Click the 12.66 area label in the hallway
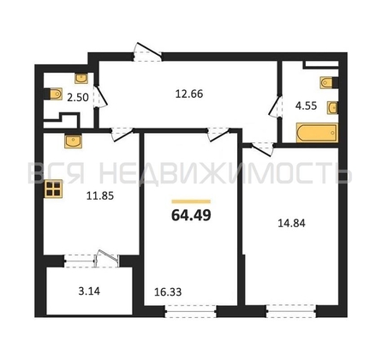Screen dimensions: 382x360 [x=189, y=93]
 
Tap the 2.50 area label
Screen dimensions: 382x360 [x=78, y=98]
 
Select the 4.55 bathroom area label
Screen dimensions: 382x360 [x=306, y=105]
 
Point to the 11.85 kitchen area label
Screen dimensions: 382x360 [x=100, y=195]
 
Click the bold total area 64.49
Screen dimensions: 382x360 [x=191, y=215]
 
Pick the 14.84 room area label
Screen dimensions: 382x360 [x=291, y=223]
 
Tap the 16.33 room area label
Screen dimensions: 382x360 [x=168, y=292]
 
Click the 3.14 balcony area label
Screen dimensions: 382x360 [x=89, y=291]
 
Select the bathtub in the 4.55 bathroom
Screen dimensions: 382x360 [x=317, y=133]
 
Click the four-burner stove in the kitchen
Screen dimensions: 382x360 [x=53, y=189]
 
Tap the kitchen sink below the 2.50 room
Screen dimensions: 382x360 [x=73, y=141]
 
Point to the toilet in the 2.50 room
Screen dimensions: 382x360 [x=53, y=93]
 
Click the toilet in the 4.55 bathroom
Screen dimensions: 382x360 [x=329, y=83]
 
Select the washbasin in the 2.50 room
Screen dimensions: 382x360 [x=81, y=78]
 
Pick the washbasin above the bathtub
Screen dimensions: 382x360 [x=333, y=108]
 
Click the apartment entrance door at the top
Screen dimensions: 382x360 [x=148, y=52]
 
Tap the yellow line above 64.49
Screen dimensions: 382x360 [x=191, y=201]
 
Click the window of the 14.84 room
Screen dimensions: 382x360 [x=291, y=311]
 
